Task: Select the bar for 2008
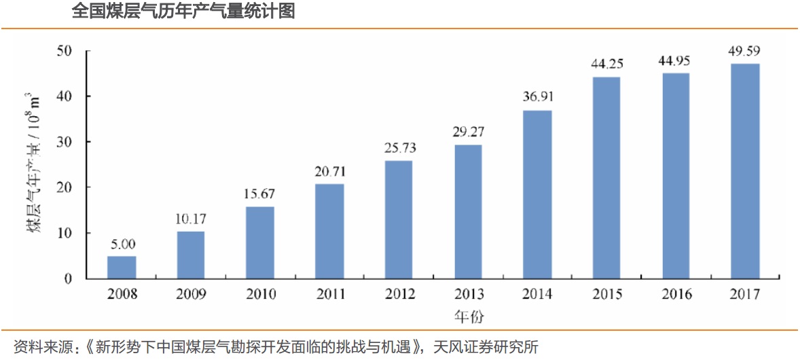click(122, 267)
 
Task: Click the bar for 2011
click(329, 231)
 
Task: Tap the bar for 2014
click(537, 194)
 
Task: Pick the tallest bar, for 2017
click(745, 170)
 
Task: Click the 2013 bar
click(468, 211)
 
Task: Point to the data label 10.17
click(191, 219)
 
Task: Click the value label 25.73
click(399, 148)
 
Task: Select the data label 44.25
click(606, 65)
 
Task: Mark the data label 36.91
click(537, 98)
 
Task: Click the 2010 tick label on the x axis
click(260, 294)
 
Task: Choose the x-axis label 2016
click(676, 294)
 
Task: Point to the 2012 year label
click(399, 294)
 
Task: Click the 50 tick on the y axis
click(65, 51)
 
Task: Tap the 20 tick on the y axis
click(65, 187)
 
